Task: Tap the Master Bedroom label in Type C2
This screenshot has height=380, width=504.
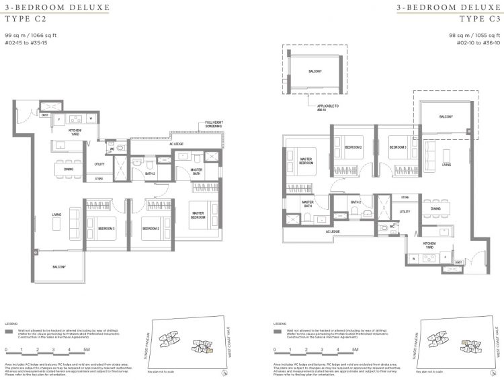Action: tap(199, 215)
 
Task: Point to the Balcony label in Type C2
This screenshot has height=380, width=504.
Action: tap(59, 267)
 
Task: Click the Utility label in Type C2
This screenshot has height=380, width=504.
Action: tap(99, 164)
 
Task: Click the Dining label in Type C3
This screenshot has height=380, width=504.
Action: tap(435, 209)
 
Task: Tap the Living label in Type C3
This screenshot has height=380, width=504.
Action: tap(446, 163)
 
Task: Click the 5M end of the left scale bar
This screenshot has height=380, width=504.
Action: tap(86, 350)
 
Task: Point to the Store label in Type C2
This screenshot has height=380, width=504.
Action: tap(99, 179)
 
